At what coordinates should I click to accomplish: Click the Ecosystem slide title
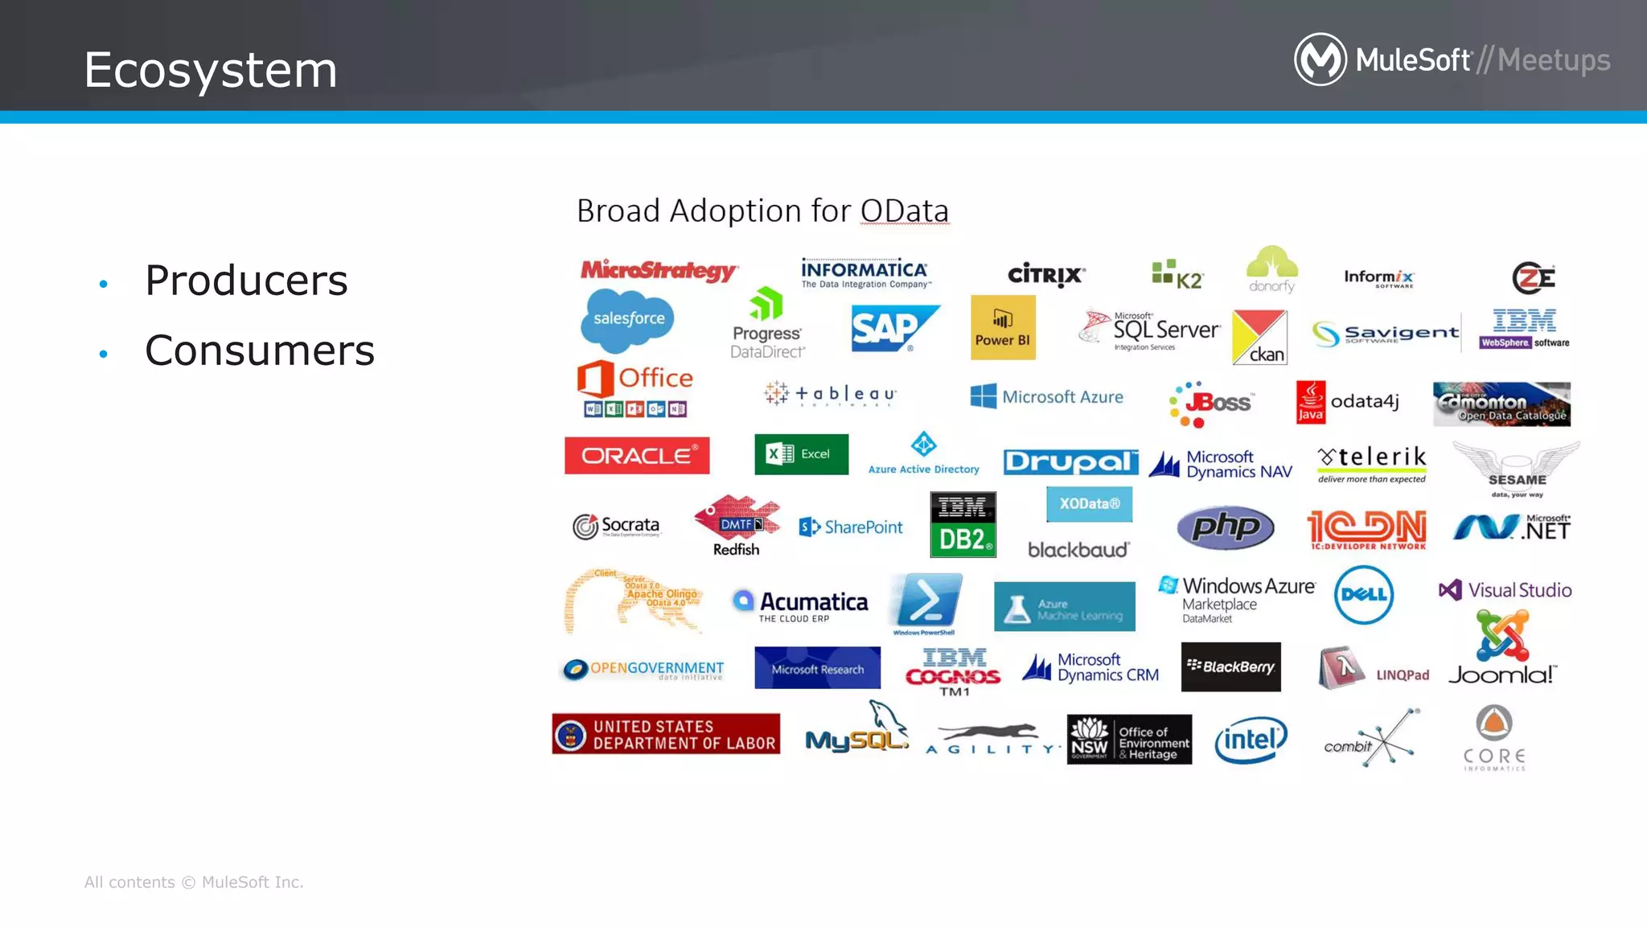211,70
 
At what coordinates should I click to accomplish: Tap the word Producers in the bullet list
246,281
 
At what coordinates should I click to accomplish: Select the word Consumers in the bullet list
260,351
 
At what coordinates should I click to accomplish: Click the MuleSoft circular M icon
1320,59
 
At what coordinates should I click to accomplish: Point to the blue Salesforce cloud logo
628,320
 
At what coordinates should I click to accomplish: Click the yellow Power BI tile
1003,327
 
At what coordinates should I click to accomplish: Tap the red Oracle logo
637,456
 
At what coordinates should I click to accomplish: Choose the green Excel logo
801,454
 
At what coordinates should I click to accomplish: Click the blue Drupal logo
1070,461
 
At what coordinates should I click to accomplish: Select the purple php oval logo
1225,527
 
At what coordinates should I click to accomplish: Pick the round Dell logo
1364,595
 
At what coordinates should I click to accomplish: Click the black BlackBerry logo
1230,667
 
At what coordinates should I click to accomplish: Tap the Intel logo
1251,740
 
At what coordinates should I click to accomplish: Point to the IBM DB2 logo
963,525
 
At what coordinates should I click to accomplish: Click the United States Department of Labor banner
666,734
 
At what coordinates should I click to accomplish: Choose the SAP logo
893,328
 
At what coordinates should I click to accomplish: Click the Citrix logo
1046,275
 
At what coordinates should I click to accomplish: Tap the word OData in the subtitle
904,211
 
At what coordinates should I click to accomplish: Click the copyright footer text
194,882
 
